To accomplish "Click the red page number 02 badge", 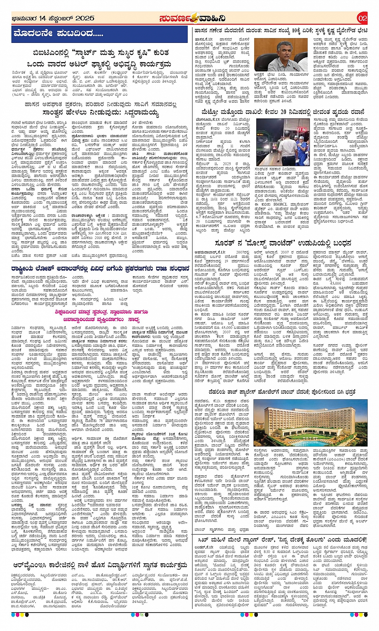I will (362, 18).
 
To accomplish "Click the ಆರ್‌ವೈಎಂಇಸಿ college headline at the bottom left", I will (100, 565).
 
